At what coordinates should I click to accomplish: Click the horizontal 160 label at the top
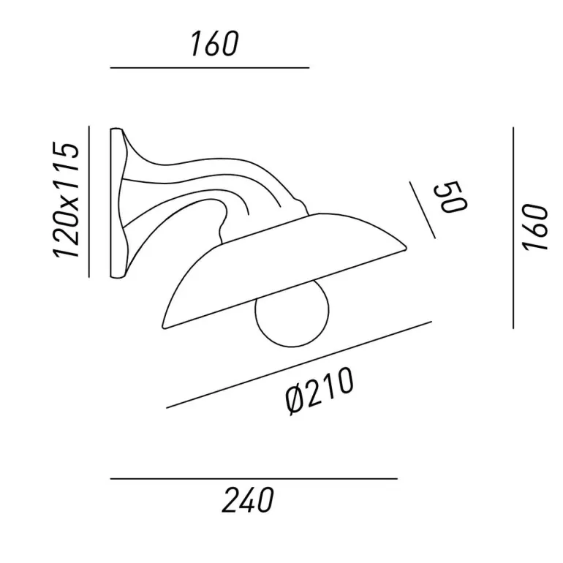click(x=214, y=44)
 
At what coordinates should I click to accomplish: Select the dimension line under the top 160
click(x=210, y=67)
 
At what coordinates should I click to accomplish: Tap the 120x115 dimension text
click(x=66, y=200)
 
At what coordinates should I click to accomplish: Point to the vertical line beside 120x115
click(x=88, y=201)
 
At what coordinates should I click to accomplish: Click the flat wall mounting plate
click(x=116, y=203)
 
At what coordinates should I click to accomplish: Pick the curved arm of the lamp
click(x=201, y=186)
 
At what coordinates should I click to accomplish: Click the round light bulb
click(x=292, y=316)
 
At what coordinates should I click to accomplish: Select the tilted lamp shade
click(x=284, y=269)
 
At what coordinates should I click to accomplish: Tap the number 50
click(x=450, y=197)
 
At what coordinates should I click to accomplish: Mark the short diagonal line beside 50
click(x=423, y=210)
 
